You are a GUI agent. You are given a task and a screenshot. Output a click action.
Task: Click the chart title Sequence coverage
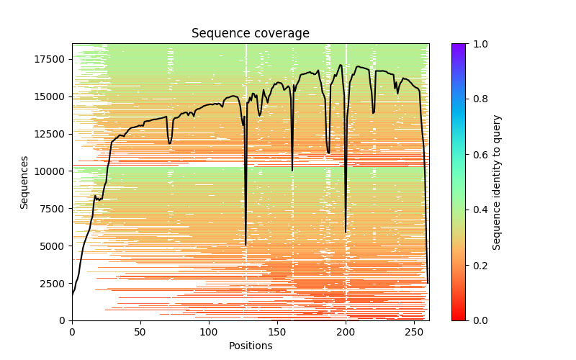250,34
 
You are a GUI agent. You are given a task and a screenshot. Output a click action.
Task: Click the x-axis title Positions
250,346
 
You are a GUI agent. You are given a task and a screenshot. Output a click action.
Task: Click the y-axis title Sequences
24,182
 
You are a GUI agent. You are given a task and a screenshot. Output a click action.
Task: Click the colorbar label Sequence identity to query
497,182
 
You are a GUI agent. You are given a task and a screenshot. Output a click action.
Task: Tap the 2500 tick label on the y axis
53,284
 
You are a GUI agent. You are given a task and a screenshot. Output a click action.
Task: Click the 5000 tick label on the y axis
53,246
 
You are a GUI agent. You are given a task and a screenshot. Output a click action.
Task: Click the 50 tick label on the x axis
140,332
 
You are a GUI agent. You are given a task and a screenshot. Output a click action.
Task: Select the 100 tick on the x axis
209,332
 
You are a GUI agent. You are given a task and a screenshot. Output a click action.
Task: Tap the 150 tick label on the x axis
277,332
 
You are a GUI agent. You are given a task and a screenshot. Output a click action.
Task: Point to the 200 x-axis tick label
346,332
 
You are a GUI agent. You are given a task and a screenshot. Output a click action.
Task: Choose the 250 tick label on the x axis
414,332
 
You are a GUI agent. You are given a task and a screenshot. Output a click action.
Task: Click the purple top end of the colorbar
458,46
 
